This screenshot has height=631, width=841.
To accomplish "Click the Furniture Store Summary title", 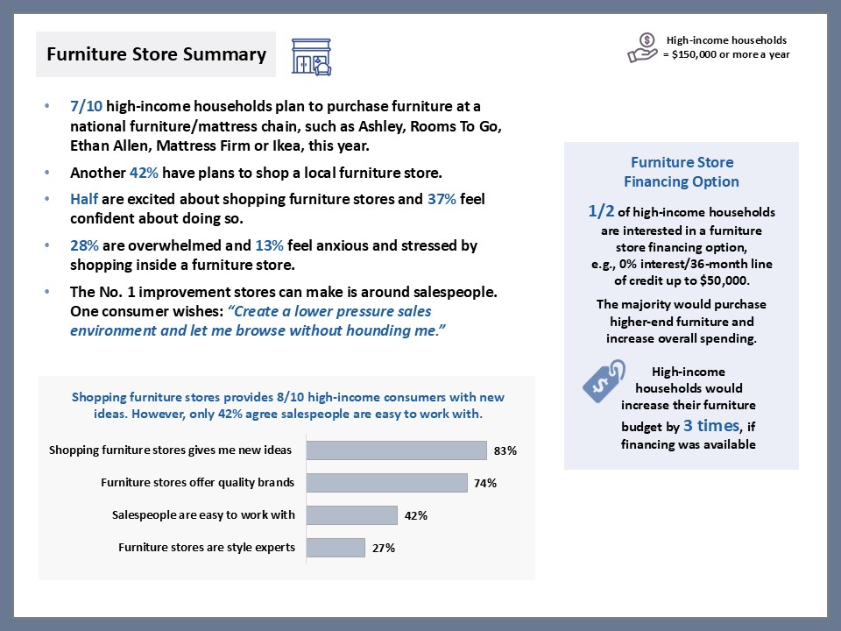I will [x=156, y=54].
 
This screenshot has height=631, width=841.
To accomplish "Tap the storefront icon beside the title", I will [x=312, y=56].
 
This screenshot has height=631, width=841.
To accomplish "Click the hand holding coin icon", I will [x=642, y=47].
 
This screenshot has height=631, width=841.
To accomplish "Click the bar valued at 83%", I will [x=396, y=450].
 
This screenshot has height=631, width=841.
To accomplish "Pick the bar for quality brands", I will [x=386, y=483].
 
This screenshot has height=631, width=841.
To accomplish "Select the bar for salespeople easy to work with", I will [x=351, y=515].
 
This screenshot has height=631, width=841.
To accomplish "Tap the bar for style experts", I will [x=336, y=548].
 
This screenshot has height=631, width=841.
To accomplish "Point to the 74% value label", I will [x=485, y=483].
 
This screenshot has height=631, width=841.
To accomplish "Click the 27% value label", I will [x=384, y=549].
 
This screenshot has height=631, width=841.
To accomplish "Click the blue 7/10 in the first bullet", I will [x=87, y=107].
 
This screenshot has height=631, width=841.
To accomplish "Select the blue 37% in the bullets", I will [x=442, y=199].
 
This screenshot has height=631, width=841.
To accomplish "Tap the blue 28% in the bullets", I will [x=85, y=245].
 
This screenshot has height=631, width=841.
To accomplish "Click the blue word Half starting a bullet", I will [x=86, y=199].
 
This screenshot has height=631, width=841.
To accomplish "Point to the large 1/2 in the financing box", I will [x=604, y=211].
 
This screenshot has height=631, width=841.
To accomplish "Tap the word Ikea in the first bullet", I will [x=315, y=145].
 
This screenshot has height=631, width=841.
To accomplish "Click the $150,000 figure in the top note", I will [x=702, y=54].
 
